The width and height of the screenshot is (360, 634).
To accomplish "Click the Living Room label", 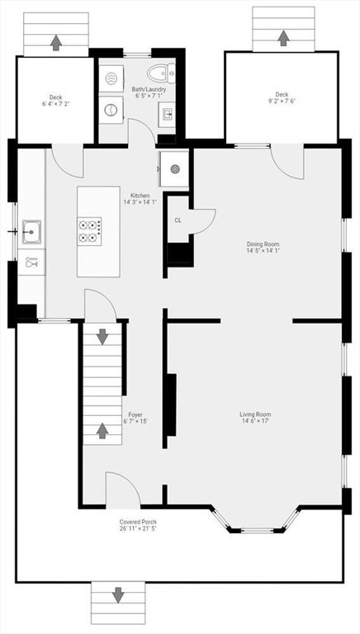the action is (255, 414).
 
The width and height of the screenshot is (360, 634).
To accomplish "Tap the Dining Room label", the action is (263, 244).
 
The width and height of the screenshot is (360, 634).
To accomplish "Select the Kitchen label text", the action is (140, 196).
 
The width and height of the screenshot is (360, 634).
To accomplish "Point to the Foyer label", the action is (135, 414).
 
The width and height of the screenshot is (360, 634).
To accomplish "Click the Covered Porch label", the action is (138, 522).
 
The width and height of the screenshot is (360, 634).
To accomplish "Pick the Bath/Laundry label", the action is (149, 89).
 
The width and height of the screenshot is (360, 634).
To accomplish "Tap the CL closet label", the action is (178, 220).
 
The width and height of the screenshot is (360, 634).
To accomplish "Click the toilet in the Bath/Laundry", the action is (161, 73).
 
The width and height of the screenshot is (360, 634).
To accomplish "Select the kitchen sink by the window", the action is (31, 232).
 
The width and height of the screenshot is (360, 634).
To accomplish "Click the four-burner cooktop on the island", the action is (89, 231).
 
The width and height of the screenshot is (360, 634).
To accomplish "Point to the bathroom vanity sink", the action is (167, 114).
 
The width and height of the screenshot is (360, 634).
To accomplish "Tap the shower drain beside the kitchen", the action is (175, 169).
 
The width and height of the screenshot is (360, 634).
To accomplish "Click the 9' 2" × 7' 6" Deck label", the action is (282, 97).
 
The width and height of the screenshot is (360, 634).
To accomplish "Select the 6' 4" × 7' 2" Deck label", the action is (56, 100).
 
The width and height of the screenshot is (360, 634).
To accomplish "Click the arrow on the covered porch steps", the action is (118, 595).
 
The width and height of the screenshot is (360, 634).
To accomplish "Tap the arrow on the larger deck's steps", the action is (283, 38).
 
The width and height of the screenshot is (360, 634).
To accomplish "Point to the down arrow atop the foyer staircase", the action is (102, 337).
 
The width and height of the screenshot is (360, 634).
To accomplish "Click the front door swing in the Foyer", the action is (123, 490).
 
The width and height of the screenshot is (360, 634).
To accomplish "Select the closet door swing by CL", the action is (202, 221).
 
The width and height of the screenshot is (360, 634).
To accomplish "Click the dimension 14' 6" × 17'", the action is (255, 421).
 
